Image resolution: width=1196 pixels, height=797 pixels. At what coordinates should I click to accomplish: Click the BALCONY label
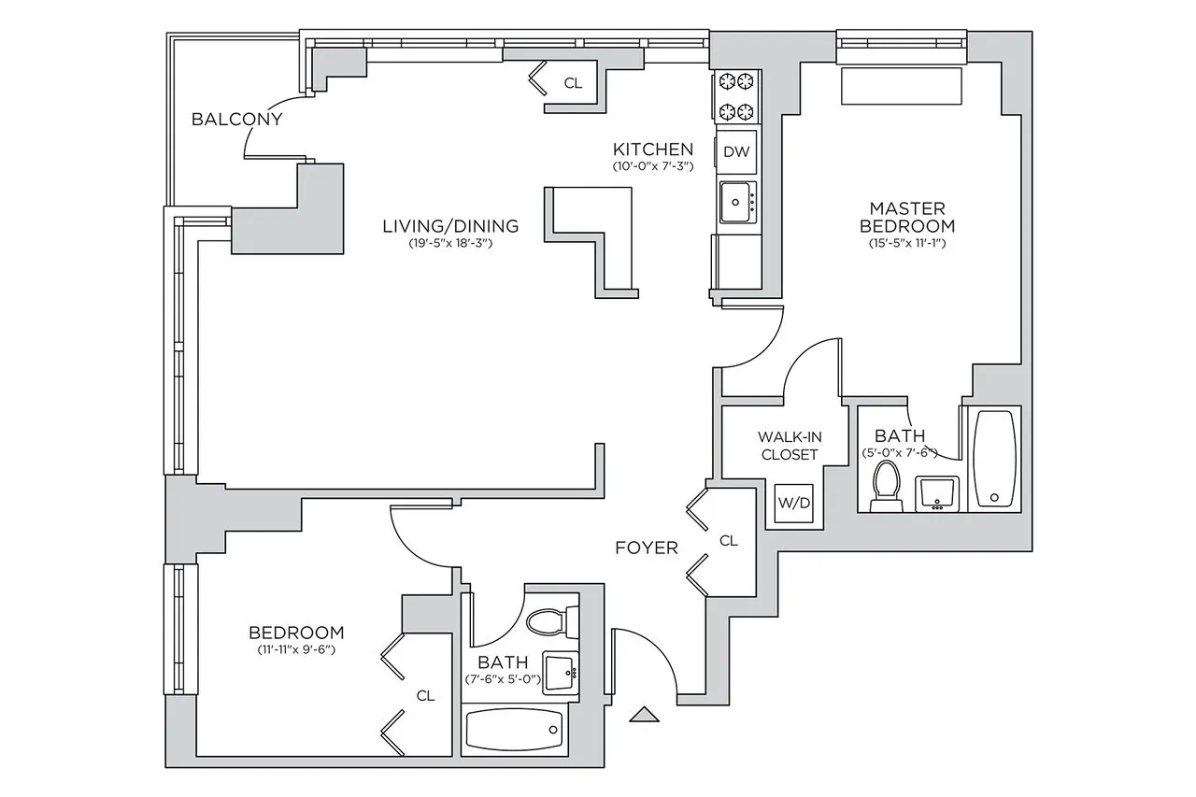[x=236, y=120]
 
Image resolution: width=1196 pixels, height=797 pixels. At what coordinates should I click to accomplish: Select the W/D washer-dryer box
[x=794, y=503]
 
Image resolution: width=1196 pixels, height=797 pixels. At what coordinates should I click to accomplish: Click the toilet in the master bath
[x=884, y=489]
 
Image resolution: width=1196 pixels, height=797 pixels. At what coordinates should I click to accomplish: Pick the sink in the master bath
[x=934, y=492]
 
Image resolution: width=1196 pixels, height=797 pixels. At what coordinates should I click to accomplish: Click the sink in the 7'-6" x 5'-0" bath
[x=560, y=671]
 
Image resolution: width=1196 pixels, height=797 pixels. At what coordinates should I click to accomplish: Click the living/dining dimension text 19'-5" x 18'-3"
[x=450, y=244]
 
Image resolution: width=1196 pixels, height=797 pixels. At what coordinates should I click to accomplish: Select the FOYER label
[x=646, y=548]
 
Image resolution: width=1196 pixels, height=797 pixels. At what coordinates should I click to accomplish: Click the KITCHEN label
[x=652, y=149]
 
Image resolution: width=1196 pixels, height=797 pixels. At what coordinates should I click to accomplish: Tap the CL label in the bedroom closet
[x=425, y=695]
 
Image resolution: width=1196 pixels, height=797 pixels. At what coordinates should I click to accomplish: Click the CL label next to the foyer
[x=729, y=541]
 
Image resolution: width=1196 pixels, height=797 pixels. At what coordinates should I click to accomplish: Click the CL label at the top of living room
[x=573, y=83]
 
